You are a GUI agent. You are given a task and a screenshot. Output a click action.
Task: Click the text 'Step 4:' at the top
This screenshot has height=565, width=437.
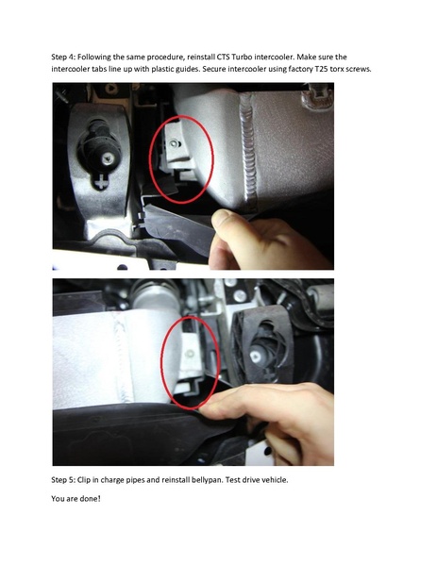62,57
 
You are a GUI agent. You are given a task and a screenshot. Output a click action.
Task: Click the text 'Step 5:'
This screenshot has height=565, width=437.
62,480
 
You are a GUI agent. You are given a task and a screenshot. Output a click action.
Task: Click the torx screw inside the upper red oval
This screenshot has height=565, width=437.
175,143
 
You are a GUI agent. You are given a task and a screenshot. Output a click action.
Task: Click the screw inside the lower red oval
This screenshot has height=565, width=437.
190,355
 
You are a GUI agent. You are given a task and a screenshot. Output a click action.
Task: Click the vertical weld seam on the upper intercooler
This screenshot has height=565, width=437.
250,151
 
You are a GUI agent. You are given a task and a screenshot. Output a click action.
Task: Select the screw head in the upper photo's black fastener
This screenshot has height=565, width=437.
107,158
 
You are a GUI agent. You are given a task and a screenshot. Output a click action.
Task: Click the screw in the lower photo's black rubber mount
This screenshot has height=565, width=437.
256,357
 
